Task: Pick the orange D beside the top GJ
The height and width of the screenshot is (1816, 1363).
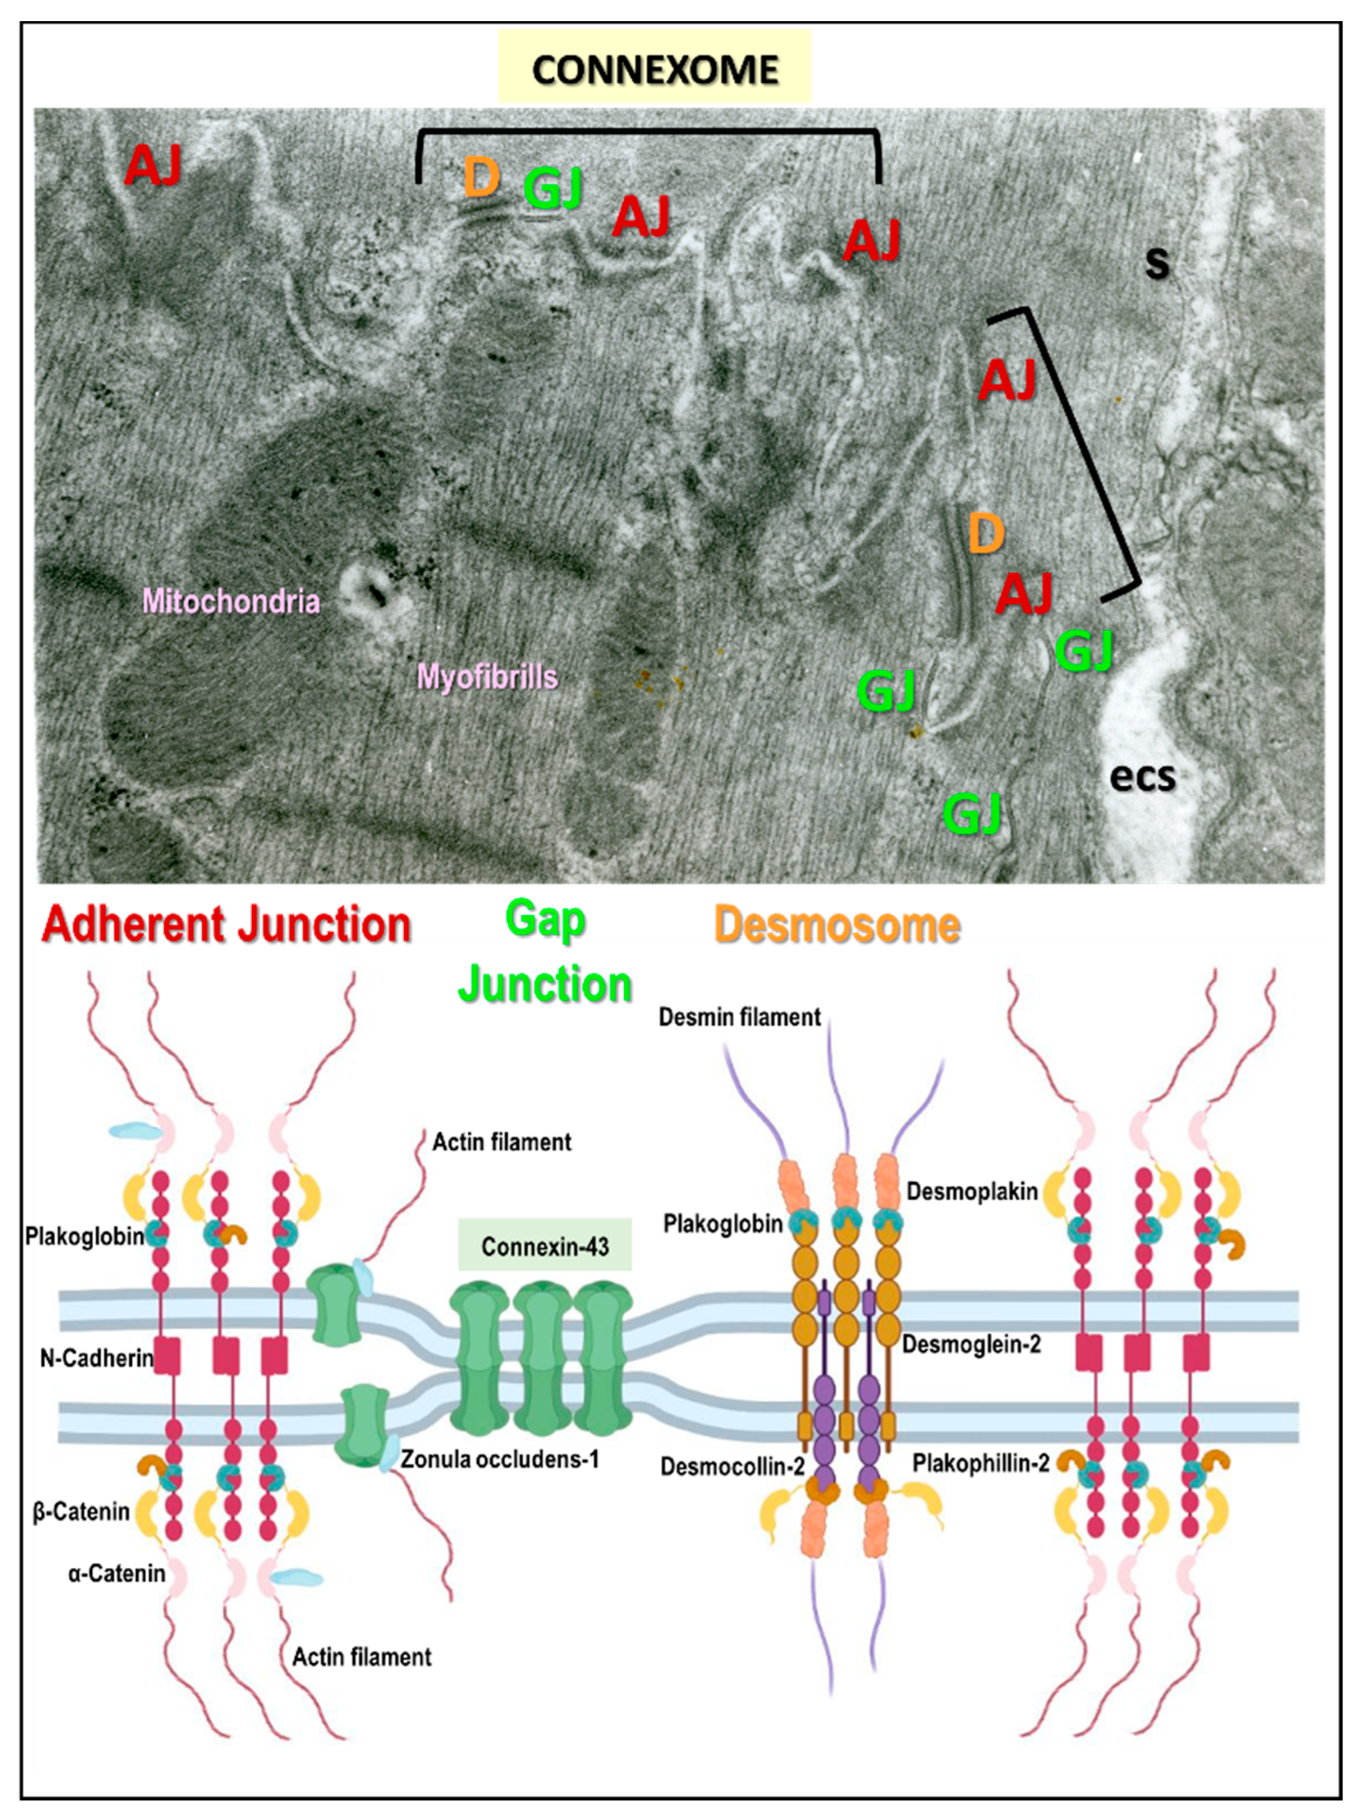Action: pyautogui.click(x=482, y=178)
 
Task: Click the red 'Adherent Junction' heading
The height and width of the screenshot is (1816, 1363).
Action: pyautogui.click(x=227, y=925)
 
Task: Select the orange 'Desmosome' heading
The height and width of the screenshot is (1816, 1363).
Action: pyautogui.click(x=837, y=925)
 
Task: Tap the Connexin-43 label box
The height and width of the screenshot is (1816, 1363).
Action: pyautogui.click(x=545, y=1247)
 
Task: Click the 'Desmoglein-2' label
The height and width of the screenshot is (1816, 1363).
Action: pyautogui.click(x=971, y=1345)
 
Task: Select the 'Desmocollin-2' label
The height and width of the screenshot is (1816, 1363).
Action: pyautogui.click(x=732, y=1466)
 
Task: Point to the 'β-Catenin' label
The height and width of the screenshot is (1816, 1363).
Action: pyautogui.click(x=81, y=1511)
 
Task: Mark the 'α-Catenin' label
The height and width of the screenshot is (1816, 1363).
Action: pyautogui.click(x=116, y=1574)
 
